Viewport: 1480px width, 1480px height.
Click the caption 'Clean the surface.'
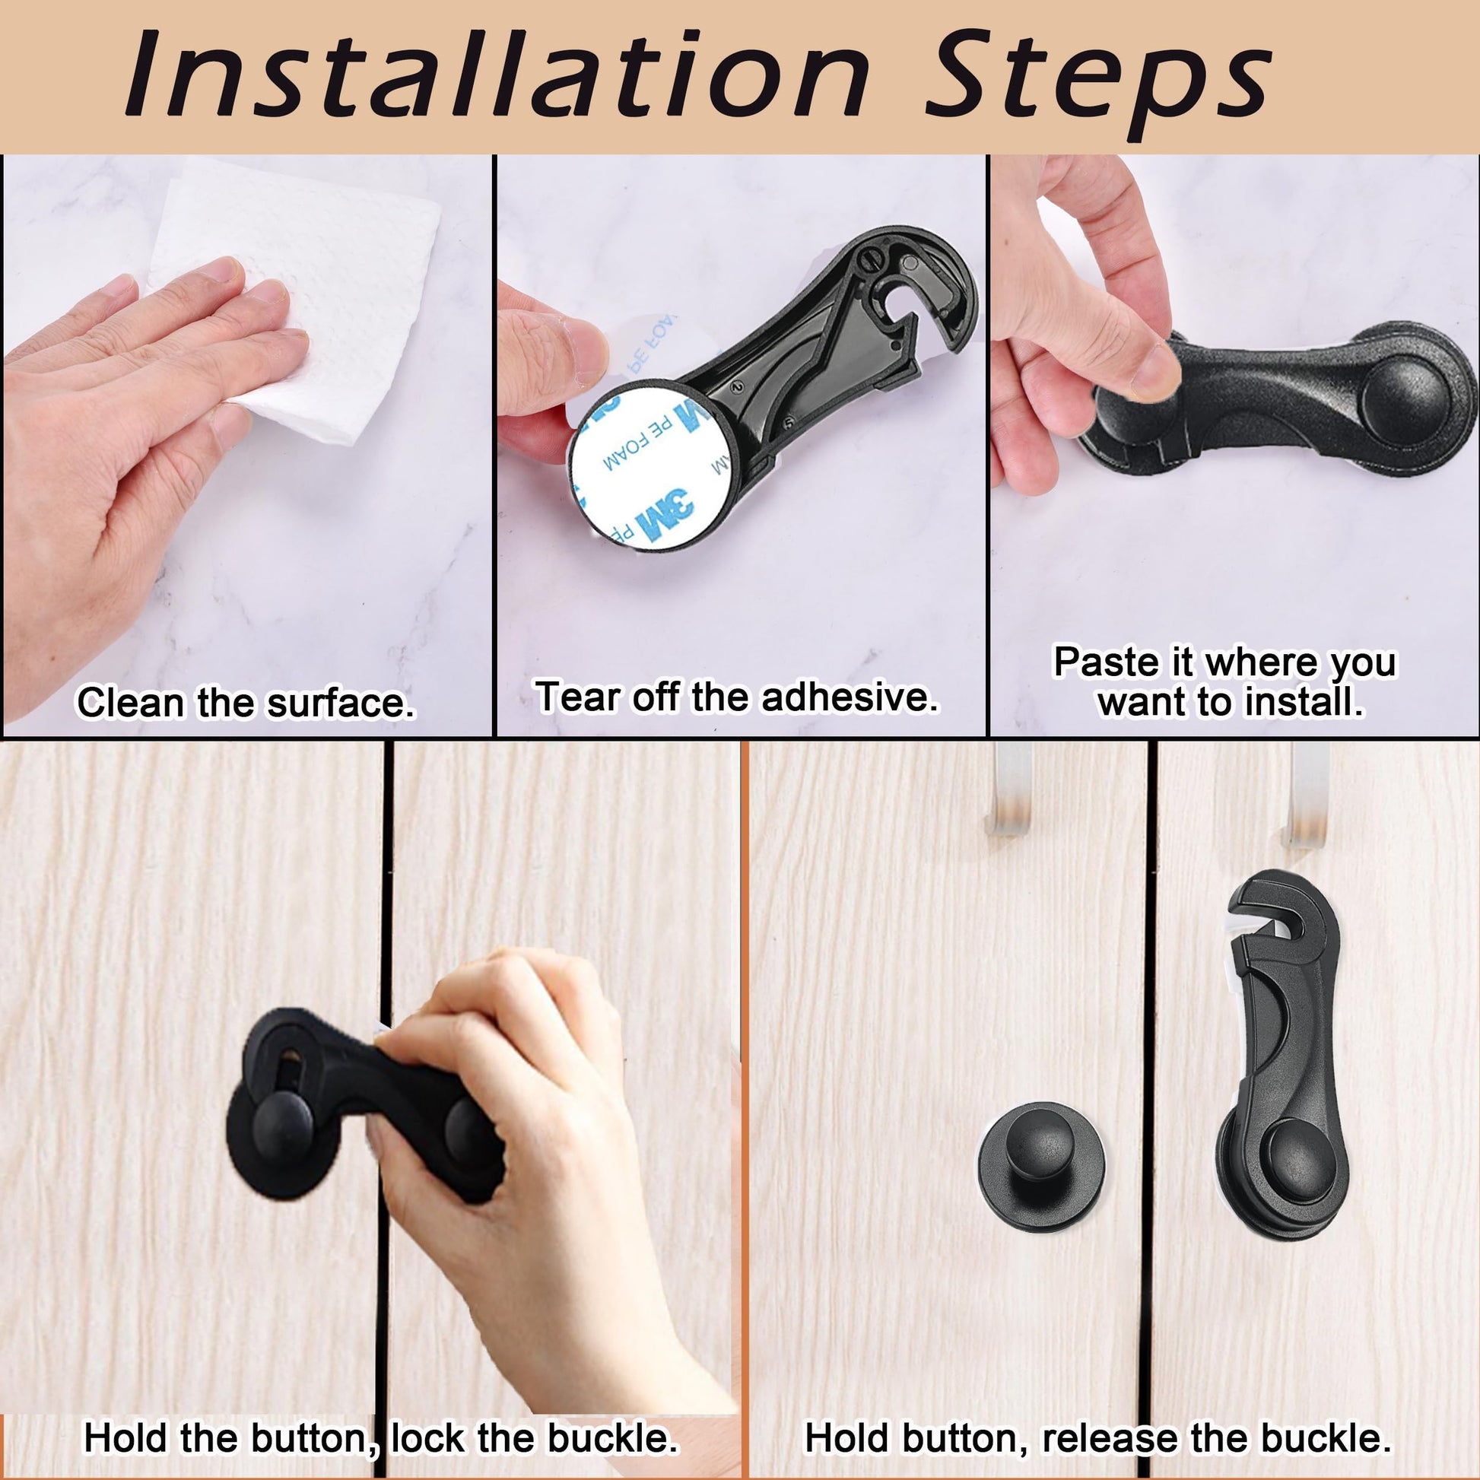[245, 702]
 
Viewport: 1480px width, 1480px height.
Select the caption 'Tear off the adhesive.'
[737, 697]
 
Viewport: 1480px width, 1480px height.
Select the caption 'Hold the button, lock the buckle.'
[381, 1437]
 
